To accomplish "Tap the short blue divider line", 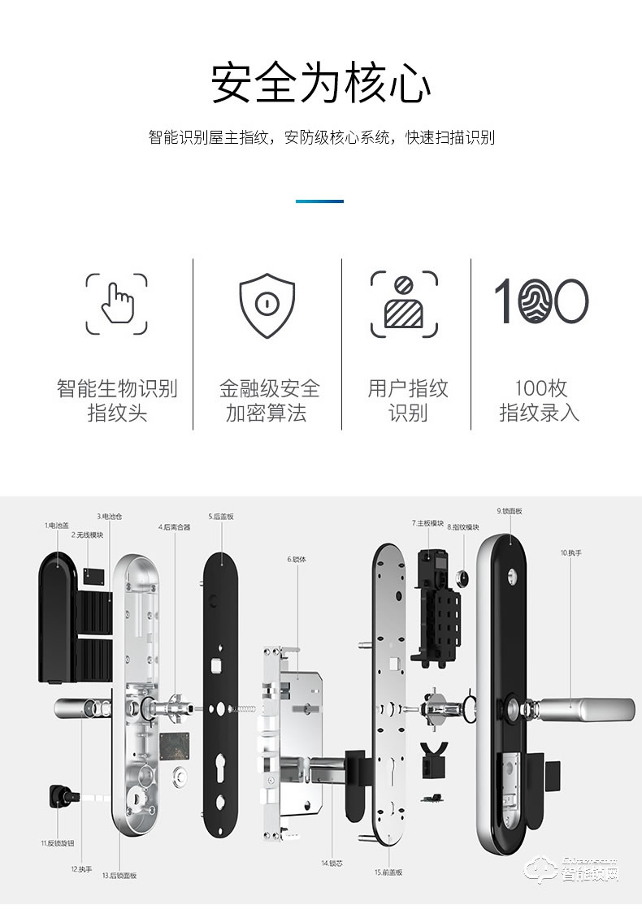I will tap(319, 201).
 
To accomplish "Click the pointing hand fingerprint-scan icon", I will tap(117, 305).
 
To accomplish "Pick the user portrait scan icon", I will tap(404, 305).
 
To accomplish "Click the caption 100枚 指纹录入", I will tap(540, 400).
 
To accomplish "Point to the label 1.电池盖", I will tap(58, 526).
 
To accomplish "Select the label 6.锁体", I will tap(297, 559).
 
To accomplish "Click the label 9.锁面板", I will tap(510, 511).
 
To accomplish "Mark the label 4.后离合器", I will tap(174, 526).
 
